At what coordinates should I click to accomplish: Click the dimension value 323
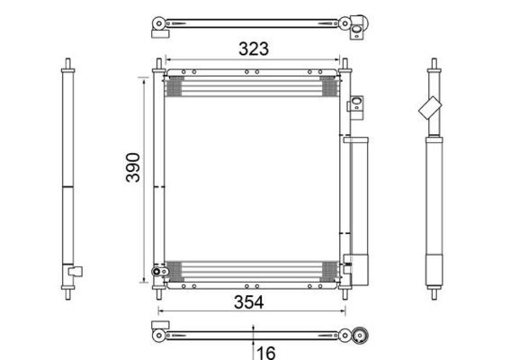click(x=254, y=49)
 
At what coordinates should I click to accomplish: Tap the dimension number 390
click(x=133, y=167)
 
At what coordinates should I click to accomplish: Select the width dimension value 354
click(x=249, y=302)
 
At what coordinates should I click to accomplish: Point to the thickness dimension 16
click(x=266, y=353)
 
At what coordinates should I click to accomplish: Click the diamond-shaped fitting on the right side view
click(x=430, y=108)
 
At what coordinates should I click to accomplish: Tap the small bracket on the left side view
click(x=76, y=271)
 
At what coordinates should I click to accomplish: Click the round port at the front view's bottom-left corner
click(x=157, y=272)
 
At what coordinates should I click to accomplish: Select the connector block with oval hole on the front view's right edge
click(x=356, y=103)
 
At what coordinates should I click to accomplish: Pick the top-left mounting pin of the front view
click(x=158, y=64)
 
